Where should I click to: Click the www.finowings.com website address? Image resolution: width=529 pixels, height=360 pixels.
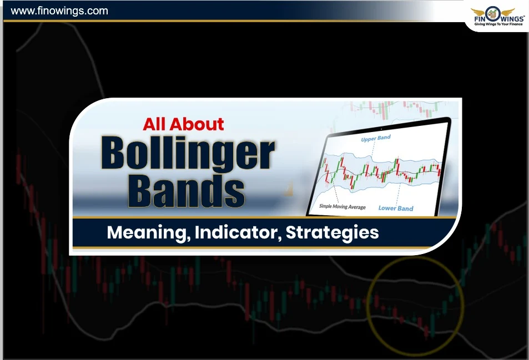point(59,11)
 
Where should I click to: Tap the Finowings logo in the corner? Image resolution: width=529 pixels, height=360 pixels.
point(493,15)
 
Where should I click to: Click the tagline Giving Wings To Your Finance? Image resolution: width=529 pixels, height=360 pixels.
point(493,26)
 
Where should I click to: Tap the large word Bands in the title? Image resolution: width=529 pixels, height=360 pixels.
point(187,190)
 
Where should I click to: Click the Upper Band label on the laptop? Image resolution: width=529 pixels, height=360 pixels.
point(376,139)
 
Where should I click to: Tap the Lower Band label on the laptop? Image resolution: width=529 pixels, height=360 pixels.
point(395,208)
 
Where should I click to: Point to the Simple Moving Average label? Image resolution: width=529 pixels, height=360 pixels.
point(342,206)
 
